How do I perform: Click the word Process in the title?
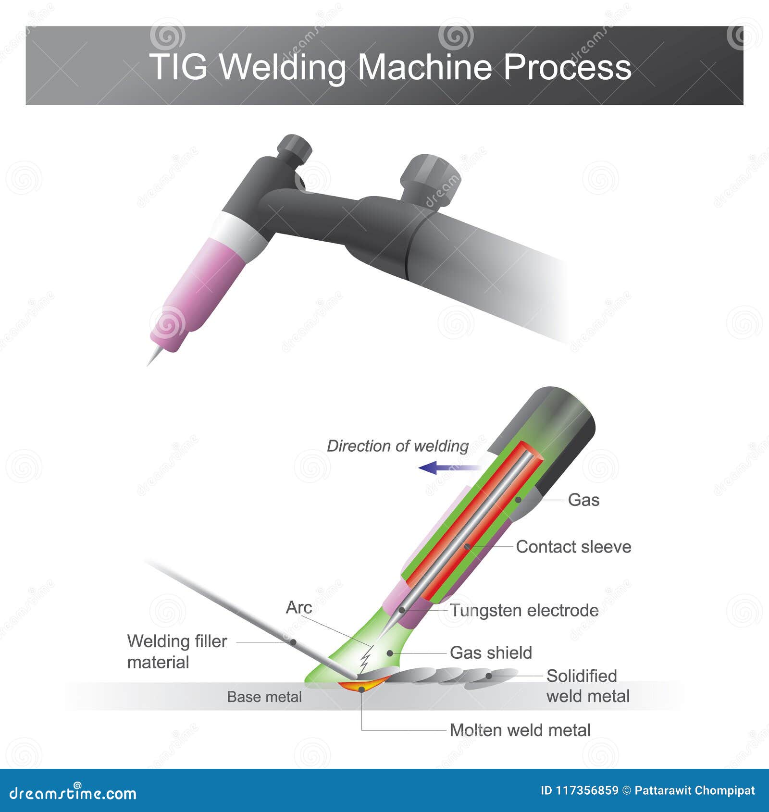pyautogui.click(x=567, y=67)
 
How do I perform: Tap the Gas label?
pyautogui.click(x=583, y=500)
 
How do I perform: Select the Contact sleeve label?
pyautogui.click(x=573, y=547)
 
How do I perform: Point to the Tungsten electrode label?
pyautogui.click(x=524, y=611)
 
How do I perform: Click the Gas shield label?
pyautogui.click(x=491, y=653)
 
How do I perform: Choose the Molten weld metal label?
pyautogui.click(x=520, y=730)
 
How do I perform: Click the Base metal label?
pyautogui.click(x=264, y=697)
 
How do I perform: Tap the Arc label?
pyautogui.click(x=299, y=608)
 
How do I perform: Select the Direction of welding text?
pyautogui.click(x=397, y=446)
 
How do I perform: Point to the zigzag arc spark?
pyautogui.click(x=366, y=659)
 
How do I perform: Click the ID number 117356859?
pyautogui.click(x=579, y=791)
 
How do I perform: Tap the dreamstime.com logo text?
pyautogui.click(x=73, y=793)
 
